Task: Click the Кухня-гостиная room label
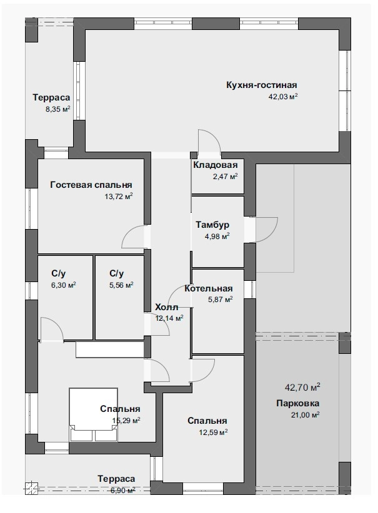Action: [261, 85]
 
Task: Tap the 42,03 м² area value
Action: [283, 97]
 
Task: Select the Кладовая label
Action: [215, 165]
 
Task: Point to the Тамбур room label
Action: [212, 225]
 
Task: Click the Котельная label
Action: [208, 288]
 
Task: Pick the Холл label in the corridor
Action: [166, 307]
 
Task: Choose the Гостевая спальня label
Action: [91, 185]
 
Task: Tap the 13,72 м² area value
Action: [119, 197]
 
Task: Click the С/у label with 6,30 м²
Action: [58, 273]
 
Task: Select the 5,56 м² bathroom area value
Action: [121, 285]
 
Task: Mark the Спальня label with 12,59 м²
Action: [207, 421]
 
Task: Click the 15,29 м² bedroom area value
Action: [126, 421]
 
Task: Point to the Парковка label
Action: [298, 403]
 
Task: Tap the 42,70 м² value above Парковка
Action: [302, 388]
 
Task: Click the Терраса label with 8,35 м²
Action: [51, 97]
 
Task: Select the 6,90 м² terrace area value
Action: [123, 491]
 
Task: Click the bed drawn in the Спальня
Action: [93, 414]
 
